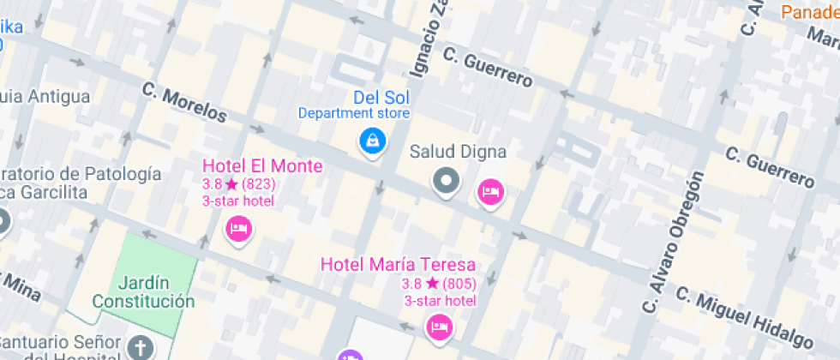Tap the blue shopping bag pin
coord(372,141)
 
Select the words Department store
coord(354,113)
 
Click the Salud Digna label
coord(458,152)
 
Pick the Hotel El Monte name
coord(262,166)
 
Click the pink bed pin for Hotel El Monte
coord(239,229)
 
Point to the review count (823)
coord(259,184)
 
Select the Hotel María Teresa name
coord(398,265)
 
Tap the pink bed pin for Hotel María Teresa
coord(440,327)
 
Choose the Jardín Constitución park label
coord(144,292)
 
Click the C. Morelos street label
coord(184,101)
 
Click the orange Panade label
coord(810,12)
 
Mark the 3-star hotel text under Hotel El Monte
coord(238,201)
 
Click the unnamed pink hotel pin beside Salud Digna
coord(490,193)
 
